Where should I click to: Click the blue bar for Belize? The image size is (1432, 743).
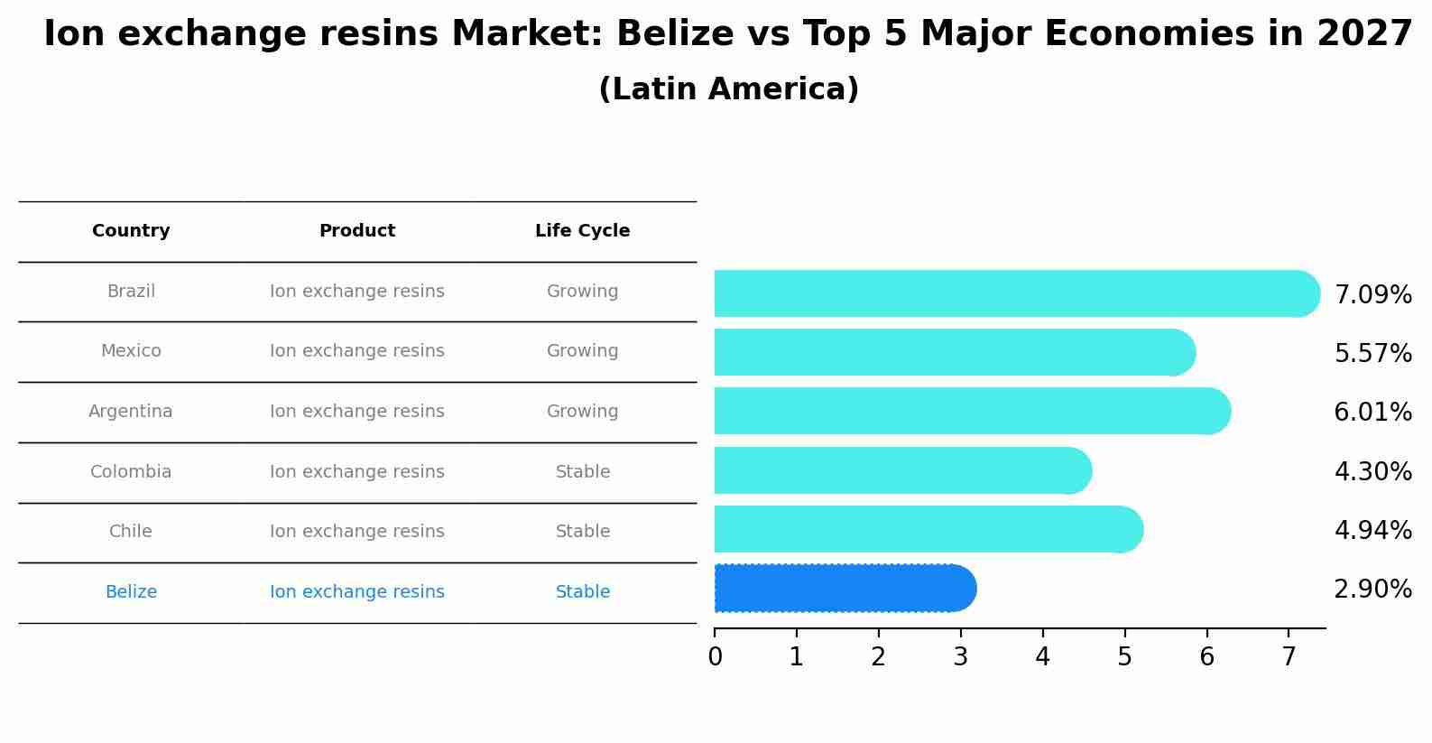pyautogui.click(x=844, y=589)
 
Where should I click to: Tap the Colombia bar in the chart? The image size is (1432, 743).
pyautogui.click(x=902, y=470)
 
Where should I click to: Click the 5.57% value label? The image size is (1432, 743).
pyautogui.click(x=1372, y=354)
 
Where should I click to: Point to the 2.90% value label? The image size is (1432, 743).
pyautogui.click(x=1372, y=590)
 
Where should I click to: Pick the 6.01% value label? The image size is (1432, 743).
pyautogui.click(x=1372, y=413)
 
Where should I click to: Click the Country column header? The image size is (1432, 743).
pyautogui.click(x=131, y=231)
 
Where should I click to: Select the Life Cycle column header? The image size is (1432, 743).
pyautogui.click(x=582, y=231)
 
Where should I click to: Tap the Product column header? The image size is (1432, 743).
pyautogui.click(x=357, y=231)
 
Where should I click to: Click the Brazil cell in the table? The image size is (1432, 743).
pyautogui.click(x=131, y=292)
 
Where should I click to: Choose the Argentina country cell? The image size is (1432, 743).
pyautogui.click(x=131, y=412)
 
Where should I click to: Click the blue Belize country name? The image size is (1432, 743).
pyautogui.click(x=131, y=592)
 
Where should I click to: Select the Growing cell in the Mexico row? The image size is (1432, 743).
pyautogui.click(x=582, y=351)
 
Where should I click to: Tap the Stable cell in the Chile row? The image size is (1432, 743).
pyautogui.click(x=582, y=532)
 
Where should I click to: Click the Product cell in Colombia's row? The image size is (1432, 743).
pyautogui.click(x=357, y=472)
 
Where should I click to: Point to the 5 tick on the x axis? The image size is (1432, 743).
pyautogui.click(x=1124, y=657)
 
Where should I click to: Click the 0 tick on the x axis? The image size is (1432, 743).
pyautogui.click(x=715, y=657)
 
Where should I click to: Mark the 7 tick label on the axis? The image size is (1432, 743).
pyautogui.click(x=1289, y=657)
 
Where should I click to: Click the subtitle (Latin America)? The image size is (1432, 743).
pyautogui.click(x=728, y=89)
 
